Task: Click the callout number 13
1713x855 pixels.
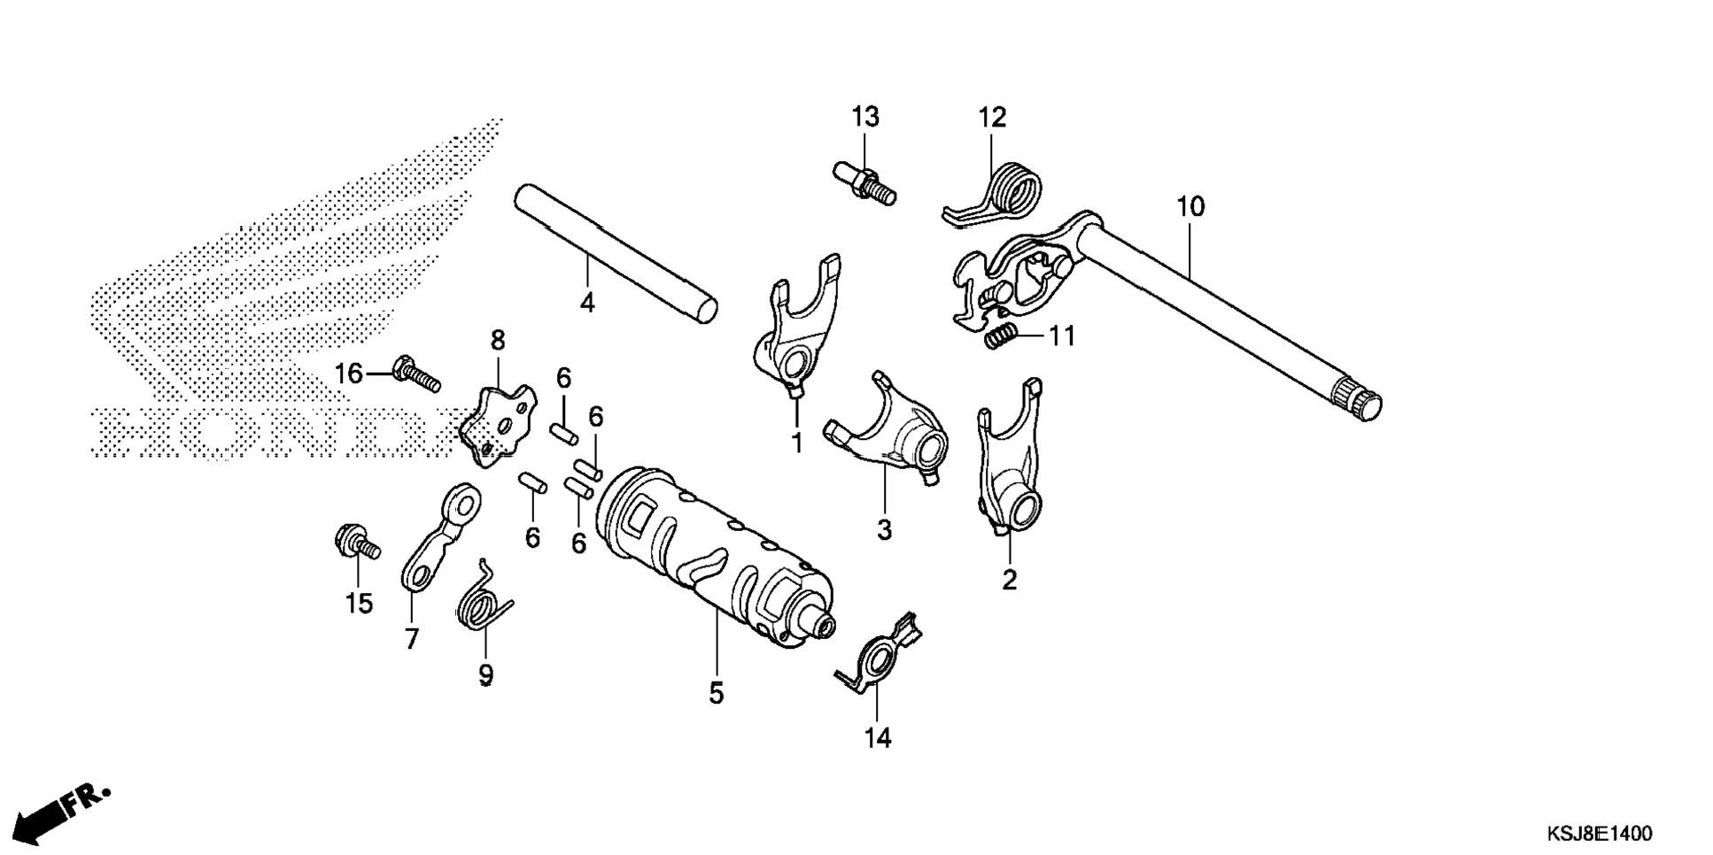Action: pyautogui.click(x=865, y=117)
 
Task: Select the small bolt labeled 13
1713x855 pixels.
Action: pyautogui.click(x=864, y=181)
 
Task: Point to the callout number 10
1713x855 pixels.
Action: pyautogui.click(x=1190, y=207)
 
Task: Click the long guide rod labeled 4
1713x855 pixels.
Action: pyautogui.click(x=616, y=253)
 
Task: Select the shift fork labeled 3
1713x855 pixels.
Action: pyautogui.click(x=888, y=427)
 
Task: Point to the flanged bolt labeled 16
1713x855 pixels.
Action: pyautogui.click(x=415, y=375)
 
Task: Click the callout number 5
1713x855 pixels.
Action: pyautogui.click(x=716, y=694)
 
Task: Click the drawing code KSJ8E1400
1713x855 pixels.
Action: pyautogui.click(x=1600, y=834)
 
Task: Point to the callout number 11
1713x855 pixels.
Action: pyautogui.click(x=1062, y=336)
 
